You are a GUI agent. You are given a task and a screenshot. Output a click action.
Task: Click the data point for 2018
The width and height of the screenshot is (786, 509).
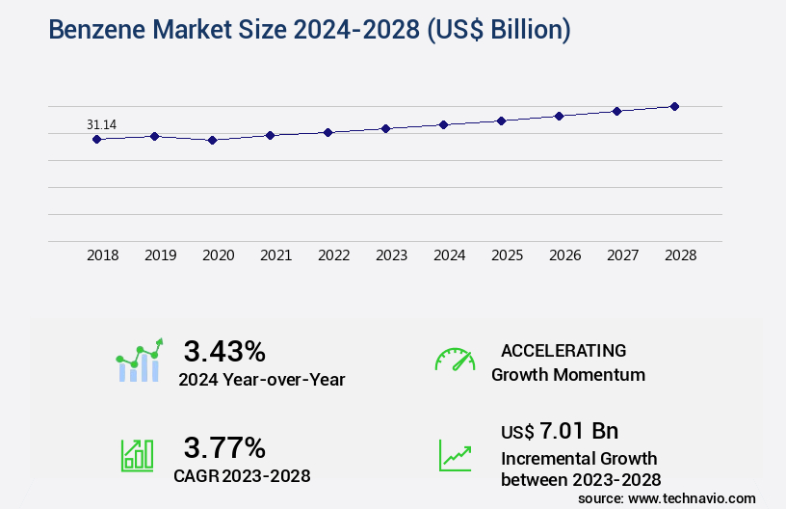point(96,139)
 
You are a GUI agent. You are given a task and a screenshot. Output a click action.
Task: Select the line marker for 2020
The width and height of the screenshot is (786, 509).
point(212,140)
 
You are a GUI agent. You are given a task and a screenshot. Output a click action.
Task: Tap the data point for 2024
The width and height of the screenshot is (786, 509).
point(443,124)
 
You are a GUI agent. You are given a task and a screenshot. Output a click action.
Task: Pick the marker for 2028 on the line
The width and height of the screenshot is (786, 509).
point(674,106)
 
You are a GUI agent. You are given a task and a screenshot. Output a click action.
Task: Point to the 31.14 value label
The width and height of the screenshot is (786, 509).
point(102,124)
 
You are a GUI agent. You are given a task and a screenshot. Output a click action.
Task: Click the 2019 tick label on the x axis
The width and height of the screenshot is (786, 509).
point(160,255)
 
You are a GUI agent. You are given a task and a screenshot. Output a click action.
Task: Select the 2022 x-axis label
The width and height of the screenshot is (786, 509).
point(333,255)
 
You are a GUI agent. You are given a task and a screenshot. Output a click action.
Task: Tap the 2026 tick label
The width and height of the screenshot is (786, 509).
point(564,255)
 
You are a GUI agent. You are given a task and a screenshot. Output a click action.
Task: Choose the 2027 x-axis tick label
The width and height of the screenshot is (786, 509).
point(622,255)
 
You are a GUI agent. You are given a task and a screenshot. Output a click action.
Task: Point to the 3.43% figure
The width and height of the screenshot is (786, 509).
point(224,350)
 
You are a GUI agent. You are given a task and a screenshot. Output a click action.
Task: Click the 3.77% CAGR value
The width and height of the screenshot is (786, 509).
point(224,447)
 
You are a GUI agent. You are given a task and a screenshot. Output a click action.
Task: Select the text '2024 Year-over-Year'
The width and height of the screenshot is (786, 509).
point(261,380)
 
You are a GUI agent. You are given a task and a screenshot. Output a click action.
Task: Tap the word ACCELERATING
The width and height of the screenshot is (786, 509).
point(563,350)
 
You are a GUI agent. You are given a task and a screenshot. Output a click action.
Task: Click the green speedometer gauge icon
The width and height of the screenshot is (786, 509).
point(455,360)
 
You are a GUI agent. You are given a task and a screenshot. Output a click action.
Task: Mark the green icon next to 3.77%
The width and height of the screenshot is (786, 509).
point(137,455)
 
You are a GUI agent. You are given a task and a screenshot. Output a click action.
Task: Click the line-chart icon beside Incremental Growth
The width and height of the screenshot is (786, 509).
point(455,455)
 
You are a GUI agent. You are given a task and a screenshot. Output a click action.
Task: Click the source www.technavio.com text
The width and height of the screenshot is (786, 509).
point(667,497)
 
